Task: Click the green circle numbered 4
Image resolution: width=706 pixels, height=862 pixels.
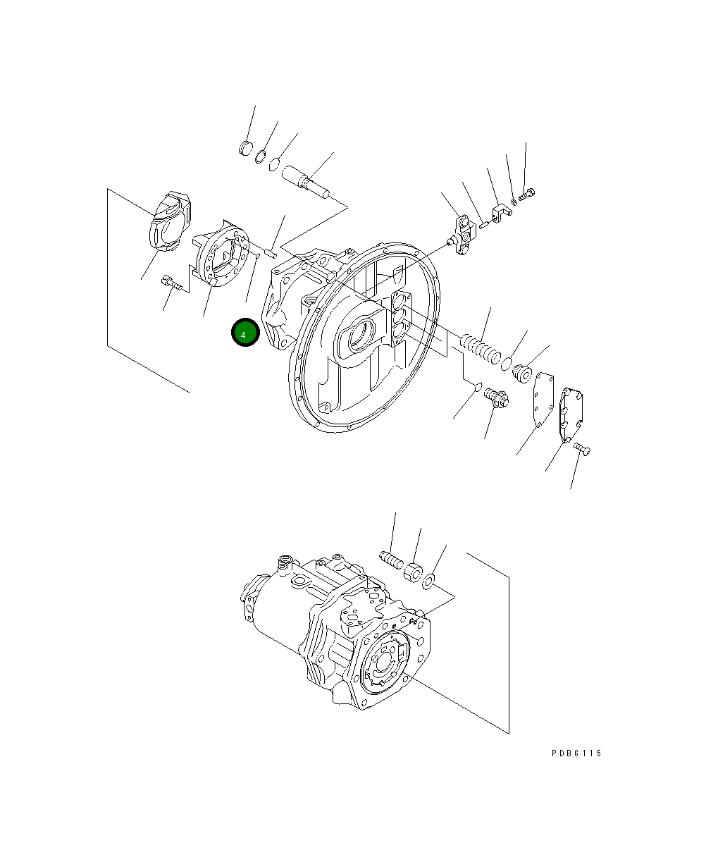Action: (x=244, y=334)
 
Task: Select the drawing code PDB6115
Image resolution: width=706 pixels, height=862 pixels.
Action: (x=576, y=753)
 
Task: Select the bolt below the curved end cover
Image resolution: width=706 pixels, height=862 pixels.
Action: (x=171, y=283)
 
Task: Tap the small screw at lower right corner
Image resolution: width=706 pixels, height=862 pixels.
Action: (x=582, y=448)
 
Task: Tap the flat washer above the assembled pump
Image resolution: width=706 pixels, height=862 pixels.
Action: (x=428, y=581)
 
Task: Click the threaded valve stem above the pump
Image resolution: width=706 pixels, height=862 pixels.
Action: (x=390, y=559)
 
